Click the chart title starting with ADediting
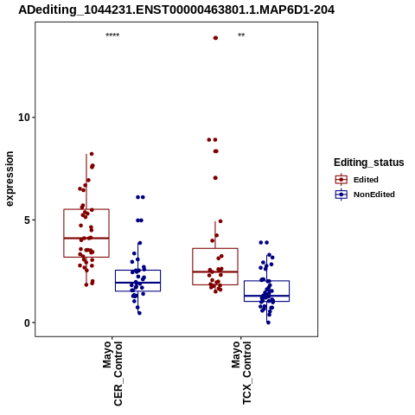(176, 10)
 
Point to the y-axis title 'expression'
(10, 179)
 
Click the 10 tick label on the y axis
(24, 118)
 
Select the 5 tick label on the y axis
(28, 220)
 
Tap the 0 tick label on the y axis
(28, 323)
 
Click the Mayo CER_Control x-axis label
(112, 373)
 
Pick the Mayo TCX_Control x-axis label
(241, 373)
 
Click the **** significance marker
(112, 35)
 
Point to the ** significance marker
(241, 35)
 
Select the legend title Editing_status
(369, 163)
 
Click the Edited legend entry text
(366, 180)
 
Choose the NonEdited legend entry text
(374, 195)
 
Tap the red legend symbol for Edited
(342, 180)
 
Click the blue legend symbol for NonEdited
(342, 195)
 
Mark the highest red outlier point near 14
(215, 38)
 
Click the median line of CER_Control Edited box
(86, 238)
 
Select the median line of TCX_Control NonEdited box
(266, 296)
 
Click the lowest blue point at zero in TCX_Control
(268, 322)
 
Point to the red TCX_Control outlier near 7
(215, 178)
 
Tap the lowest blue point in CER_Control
(139, 313)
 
